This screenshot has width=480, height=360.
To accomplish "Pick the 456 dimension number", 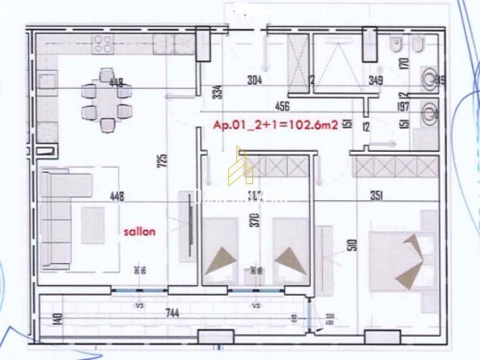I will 282,105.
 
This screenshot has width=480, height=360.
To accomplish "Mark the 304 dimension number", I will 254,80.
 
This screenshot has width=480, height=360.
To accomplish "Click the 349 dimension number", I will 375,81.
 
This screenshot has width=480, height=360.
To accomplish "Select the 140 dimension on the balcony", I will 34,319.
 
